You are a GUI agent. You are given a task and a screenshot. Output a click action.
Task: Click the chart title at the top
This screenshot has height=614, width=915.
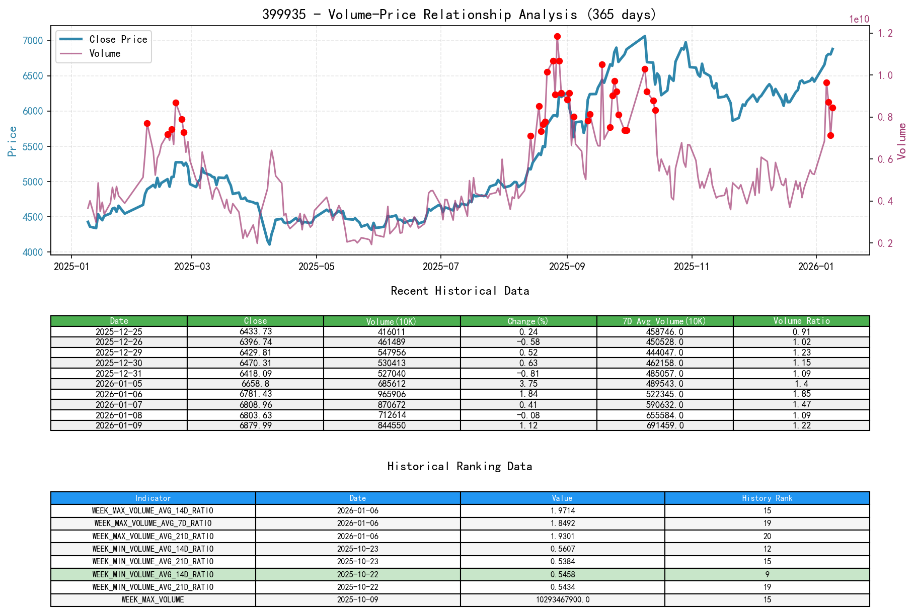[x=459, y=14]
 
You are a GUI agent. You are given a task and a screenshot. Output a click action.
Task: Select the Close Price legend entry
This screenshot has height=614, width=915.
[x=118, y=39]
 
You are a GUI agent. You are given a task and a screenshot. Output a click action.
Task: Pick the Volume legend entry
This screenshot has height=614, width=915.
[x=105, y=53]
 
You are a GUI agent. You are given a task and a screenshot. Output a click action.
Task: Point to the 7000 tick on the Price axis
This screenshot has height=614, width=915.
[x=34, y=41]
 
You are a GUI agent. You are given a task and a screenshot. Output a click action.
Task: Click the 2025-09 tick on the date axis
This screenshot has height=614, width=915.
[x=567, y=266]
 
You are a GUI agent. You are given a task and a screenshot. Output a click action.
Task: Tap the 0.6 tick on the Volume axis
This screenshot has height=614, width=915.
[x=885, y=159]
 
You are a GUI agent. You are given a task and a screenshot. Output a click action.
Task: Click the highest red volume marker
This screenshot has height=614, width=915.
[x=557, y=36]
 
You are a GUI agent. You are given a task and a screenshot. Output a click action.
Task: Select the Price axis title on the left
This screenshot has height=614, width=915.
[x=13, y=141]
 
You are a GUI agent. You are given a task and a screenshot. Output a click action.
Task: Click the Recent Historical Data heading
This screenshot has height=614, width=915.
[x=460, y=291]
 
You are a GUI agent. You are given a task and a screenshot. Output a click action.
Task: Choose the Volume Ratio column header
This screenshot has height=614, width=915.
[x=801, y=321]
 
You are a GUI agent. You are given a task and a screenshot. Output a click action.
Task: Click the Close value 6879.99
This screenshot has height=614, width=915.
[x=255, y=425]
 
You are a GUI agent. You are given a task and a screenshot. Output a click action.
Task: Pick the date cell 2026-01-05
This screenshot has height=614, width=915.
[x=119, y=384]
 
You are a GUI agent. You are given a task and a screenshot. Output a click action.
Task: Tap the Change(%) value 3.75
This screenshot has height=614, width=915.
[x=528, y=384]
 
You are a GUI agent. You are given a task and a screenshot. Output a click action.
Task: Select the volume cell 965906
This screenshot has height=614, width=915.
[x=392, y=394]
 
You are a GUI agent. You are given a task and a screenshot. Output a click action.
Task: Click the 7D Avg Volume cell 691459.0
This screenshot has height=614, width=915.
[x=664, y=425]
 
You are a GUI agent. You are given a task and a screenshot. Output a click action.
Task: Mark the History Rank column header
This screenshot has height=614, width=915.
[x=767, y=498]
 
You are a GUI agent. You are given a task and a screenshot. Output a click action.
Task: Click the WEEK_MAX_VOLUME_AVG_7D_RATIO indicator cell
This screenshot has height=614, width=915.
[x=153, y=523]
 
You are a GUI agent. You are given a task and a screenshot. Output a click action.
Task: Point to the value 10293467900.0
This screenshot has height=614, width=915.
[x=562, y=600]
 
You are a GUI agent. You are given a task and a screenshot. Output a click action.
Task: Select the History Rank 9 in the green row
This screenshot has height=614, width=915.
[x=767, y=574]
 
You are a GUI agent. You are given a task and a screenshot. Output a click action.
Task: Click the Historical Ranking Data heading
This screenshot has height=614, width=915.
[x=460, y=466]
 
